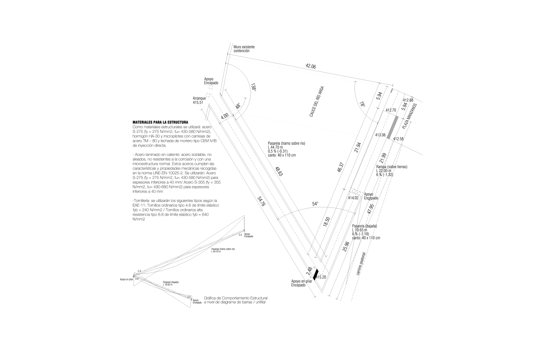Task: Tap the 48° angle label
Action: click(238, 106)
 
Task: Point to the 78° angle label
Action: click(362, 104)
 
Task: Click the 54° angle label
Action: click(315, 204)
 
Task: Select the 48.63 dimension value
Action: click(279, 171)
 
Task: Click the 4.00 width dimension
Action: click(225, 117)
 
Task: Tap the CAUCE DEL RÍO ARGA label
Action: click(317, 102)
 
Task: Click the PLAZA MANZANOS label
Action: click(410, 116)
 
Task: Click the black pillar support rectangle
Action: click(316, 274)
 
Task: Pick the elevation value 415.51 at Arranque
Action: click(198, 103)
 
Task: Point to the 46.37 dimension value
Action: click(341, 168)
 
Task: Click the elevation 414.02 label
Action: click(353, 198)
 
